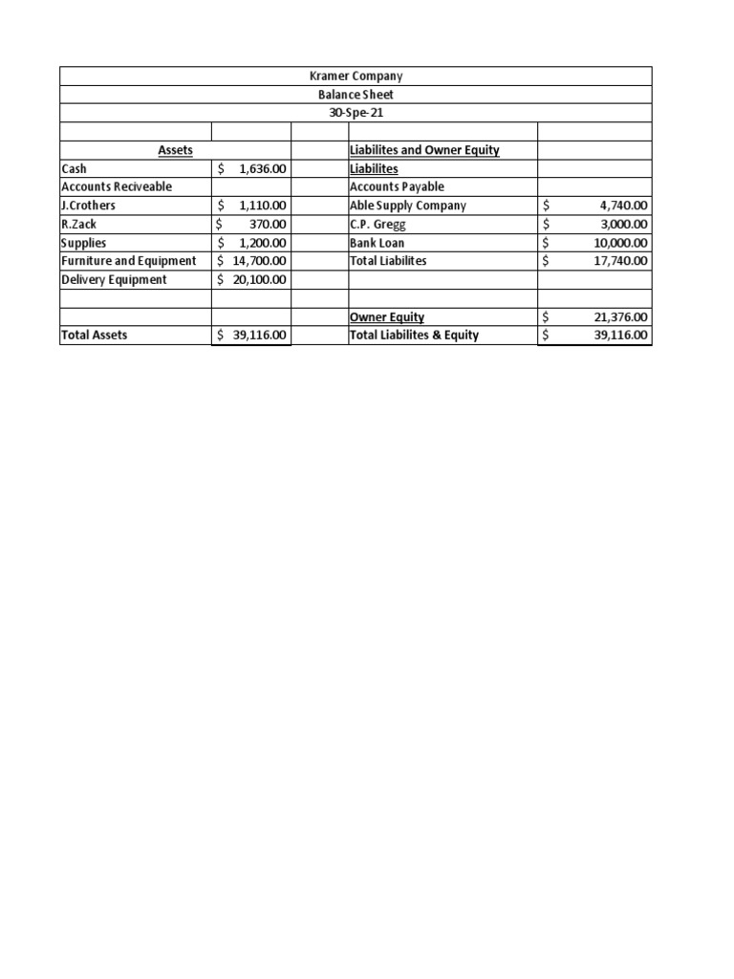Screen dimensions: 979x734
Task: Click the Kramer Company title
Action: [356, 76]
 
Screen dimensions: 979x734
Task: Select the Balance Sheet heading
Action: [356, 95]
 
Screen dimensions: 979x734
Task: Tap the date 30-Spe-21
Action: [356, 113]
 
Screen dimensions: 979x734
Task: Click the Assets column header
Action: [175, 150]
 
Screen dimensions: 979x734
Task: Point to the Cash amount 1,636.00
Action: [259, 168]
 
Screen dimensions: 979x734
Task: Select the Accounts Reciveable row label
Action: [117, 186]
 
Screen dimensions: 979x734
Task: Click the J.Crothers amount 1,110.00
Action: [259, 206]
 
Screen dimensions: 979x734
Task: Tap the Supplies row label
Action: [84, 243]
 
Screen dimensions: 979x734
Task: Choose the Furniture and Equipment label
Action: [128, 261]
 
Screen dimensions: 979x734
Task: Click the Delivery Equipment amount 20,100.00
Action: [259, 279]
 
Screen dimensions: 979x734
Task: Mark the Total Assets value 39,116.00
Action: [259, 336]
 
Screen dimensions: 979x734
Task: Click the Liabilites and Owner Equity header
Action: [424, 150]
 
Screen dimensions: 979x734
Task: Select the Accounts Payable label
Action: [398, 186]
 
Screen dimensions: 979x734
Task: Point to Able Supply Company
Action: [408, 206]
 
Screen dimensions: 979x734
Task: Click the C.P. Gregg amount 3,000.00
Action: [623, 224]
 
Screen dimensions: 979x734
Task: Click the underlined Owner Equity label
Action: [387, 316]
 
